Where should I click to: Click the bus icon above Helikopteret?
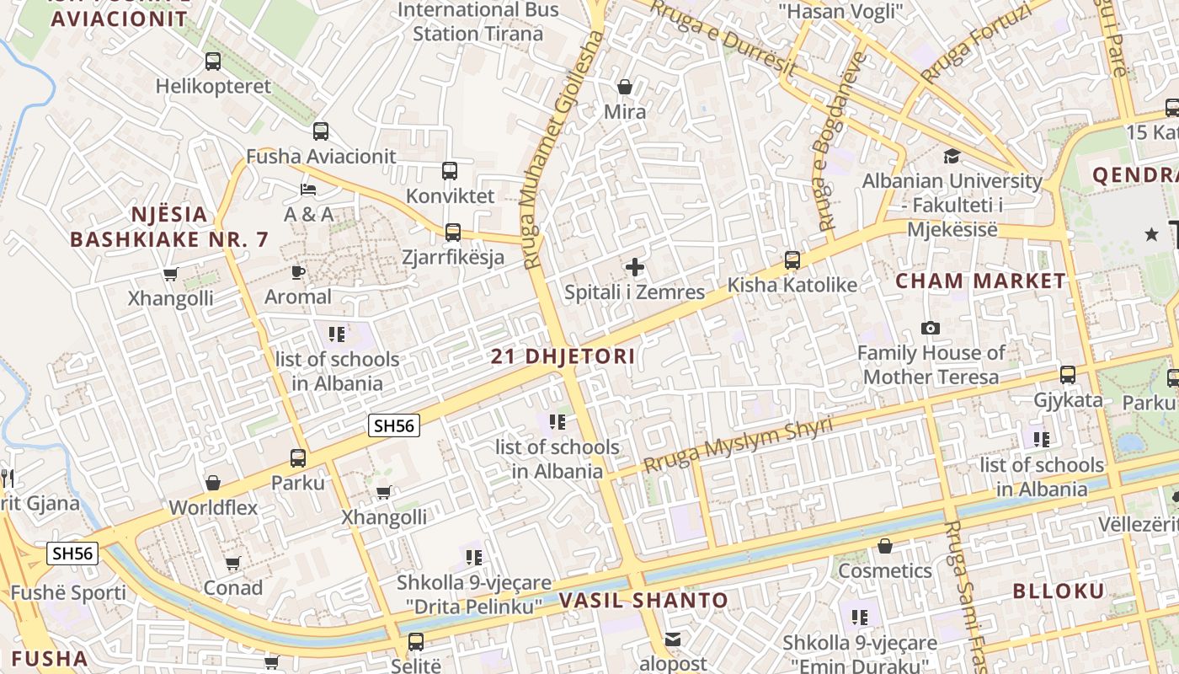(213, 61)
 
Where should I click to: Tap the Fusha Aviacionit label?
(321, 157)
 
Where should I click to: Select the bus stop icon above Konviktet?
(450, 171)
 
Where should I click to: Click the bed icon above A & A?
(308, 189)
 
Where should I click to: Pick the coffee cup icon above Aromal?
(297, 271)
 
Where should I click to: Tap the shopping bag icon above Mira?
(625, 87)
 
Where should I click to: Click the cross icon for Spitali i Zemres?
(635, 268)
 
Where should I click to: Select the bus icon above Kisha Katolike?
(792, 259)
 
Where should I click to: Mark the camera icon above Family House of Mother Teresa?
(931, 328)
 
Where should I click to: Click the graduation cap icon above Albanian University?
(952, 156)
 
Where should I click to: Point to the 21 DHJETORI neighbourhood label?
(563, 356)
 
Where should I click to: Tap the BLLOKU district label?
(1058, 591)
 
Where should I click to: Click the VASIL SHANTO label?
(643, 601)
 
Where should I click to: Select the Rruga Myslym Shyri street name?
(738, 444)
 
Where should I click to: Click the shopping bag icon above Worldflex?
(213, 483)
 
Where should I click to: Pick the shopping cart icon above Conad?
(232, 563)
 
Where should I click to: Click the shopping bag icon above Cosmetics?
(885, 546)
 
